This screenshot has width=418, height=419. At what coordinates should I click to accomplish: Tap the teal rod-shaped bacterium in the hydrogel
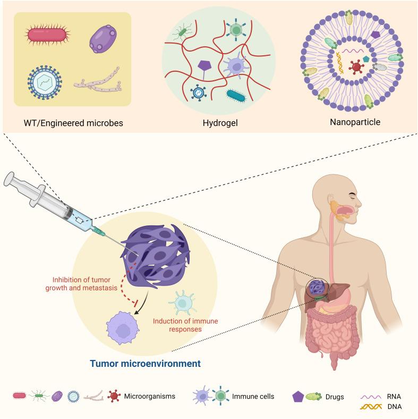pyautogui.click(x=237, y=95)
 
